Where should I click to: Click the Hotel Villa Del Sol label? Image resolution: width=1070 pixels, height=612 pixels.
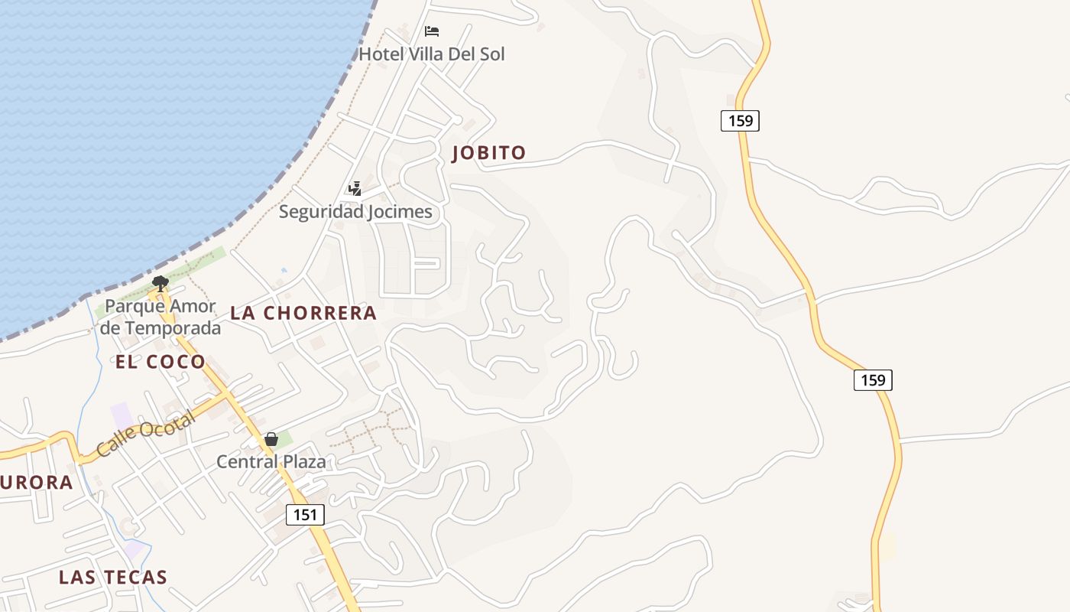(432, 54)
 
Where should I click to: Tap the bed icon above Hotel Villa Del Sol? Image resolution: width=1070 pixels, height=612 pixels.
(432, 31)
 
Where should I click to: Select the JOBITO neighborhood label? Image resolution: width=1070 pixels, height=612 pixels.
(489, 153)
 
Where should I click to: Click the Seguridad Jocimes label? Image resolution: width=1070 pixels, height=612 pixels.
(355, 212)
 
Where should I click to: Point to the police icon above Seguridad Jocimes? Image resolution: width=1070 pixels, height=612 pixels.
(355, 188)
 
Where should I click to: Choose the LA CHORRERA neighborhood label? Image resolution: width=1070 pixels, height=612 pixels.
(303, 313)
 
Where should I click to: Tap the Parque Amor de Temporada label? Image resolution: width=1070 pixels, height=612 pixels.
(160, 317)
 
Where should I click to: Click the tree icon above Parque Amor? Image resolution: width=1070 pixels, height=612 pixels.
(160, 284)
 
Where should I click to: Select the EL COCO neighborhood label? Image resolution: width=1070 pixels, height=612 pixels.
(160, 362)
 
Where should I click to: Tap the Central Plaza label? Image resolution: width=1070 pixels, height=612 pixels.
(271, 462)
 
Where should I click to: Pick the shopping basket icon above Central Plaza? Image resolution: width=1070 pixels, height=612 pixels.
(271, 439)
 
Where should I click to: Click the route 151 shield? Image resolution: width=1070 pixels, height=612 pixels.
(305, 515)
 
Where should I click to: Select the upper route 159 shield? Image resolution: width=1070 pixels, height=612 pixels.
(740, 120)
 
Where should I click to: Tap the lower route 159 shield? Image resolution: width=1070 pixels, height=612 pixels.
(873, 380)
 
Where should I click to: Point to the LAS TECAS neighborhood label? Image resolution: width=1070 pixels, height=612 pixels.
(113, 577)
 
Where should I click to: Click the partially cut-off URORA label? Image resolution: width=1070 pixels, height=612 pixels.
(36, 483)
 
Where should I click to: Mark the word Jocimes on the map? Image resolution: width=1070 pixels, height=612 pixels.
(397, 212)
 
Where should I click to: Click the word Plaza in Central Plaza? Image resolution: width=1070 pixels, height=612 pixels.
(304, 462)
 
